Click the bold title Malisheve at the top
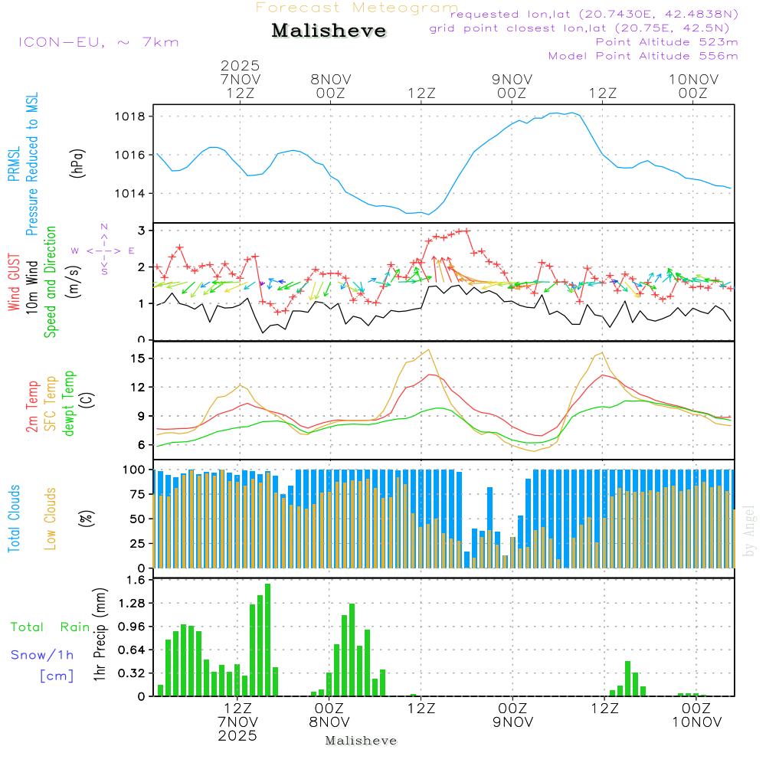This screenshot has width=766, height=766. point(329,31)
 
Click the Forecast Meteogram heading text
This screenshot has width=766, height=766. point(357,8)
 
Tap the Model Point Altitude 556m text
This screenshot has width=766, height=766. point(643,56)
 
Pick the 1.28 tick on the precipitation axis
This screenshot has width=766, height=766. point(132,604)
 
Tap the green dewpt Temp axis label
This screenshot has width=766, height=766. point(69,404)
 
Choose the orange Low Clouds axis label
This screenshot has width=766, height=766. point(51,519)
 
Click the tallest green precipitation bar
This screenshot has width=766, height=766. point(267,640)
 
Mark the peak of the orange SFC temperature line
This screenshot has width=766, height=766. point(428,349)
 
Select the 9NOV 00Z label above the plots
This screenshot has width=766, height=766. point(512,86)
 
